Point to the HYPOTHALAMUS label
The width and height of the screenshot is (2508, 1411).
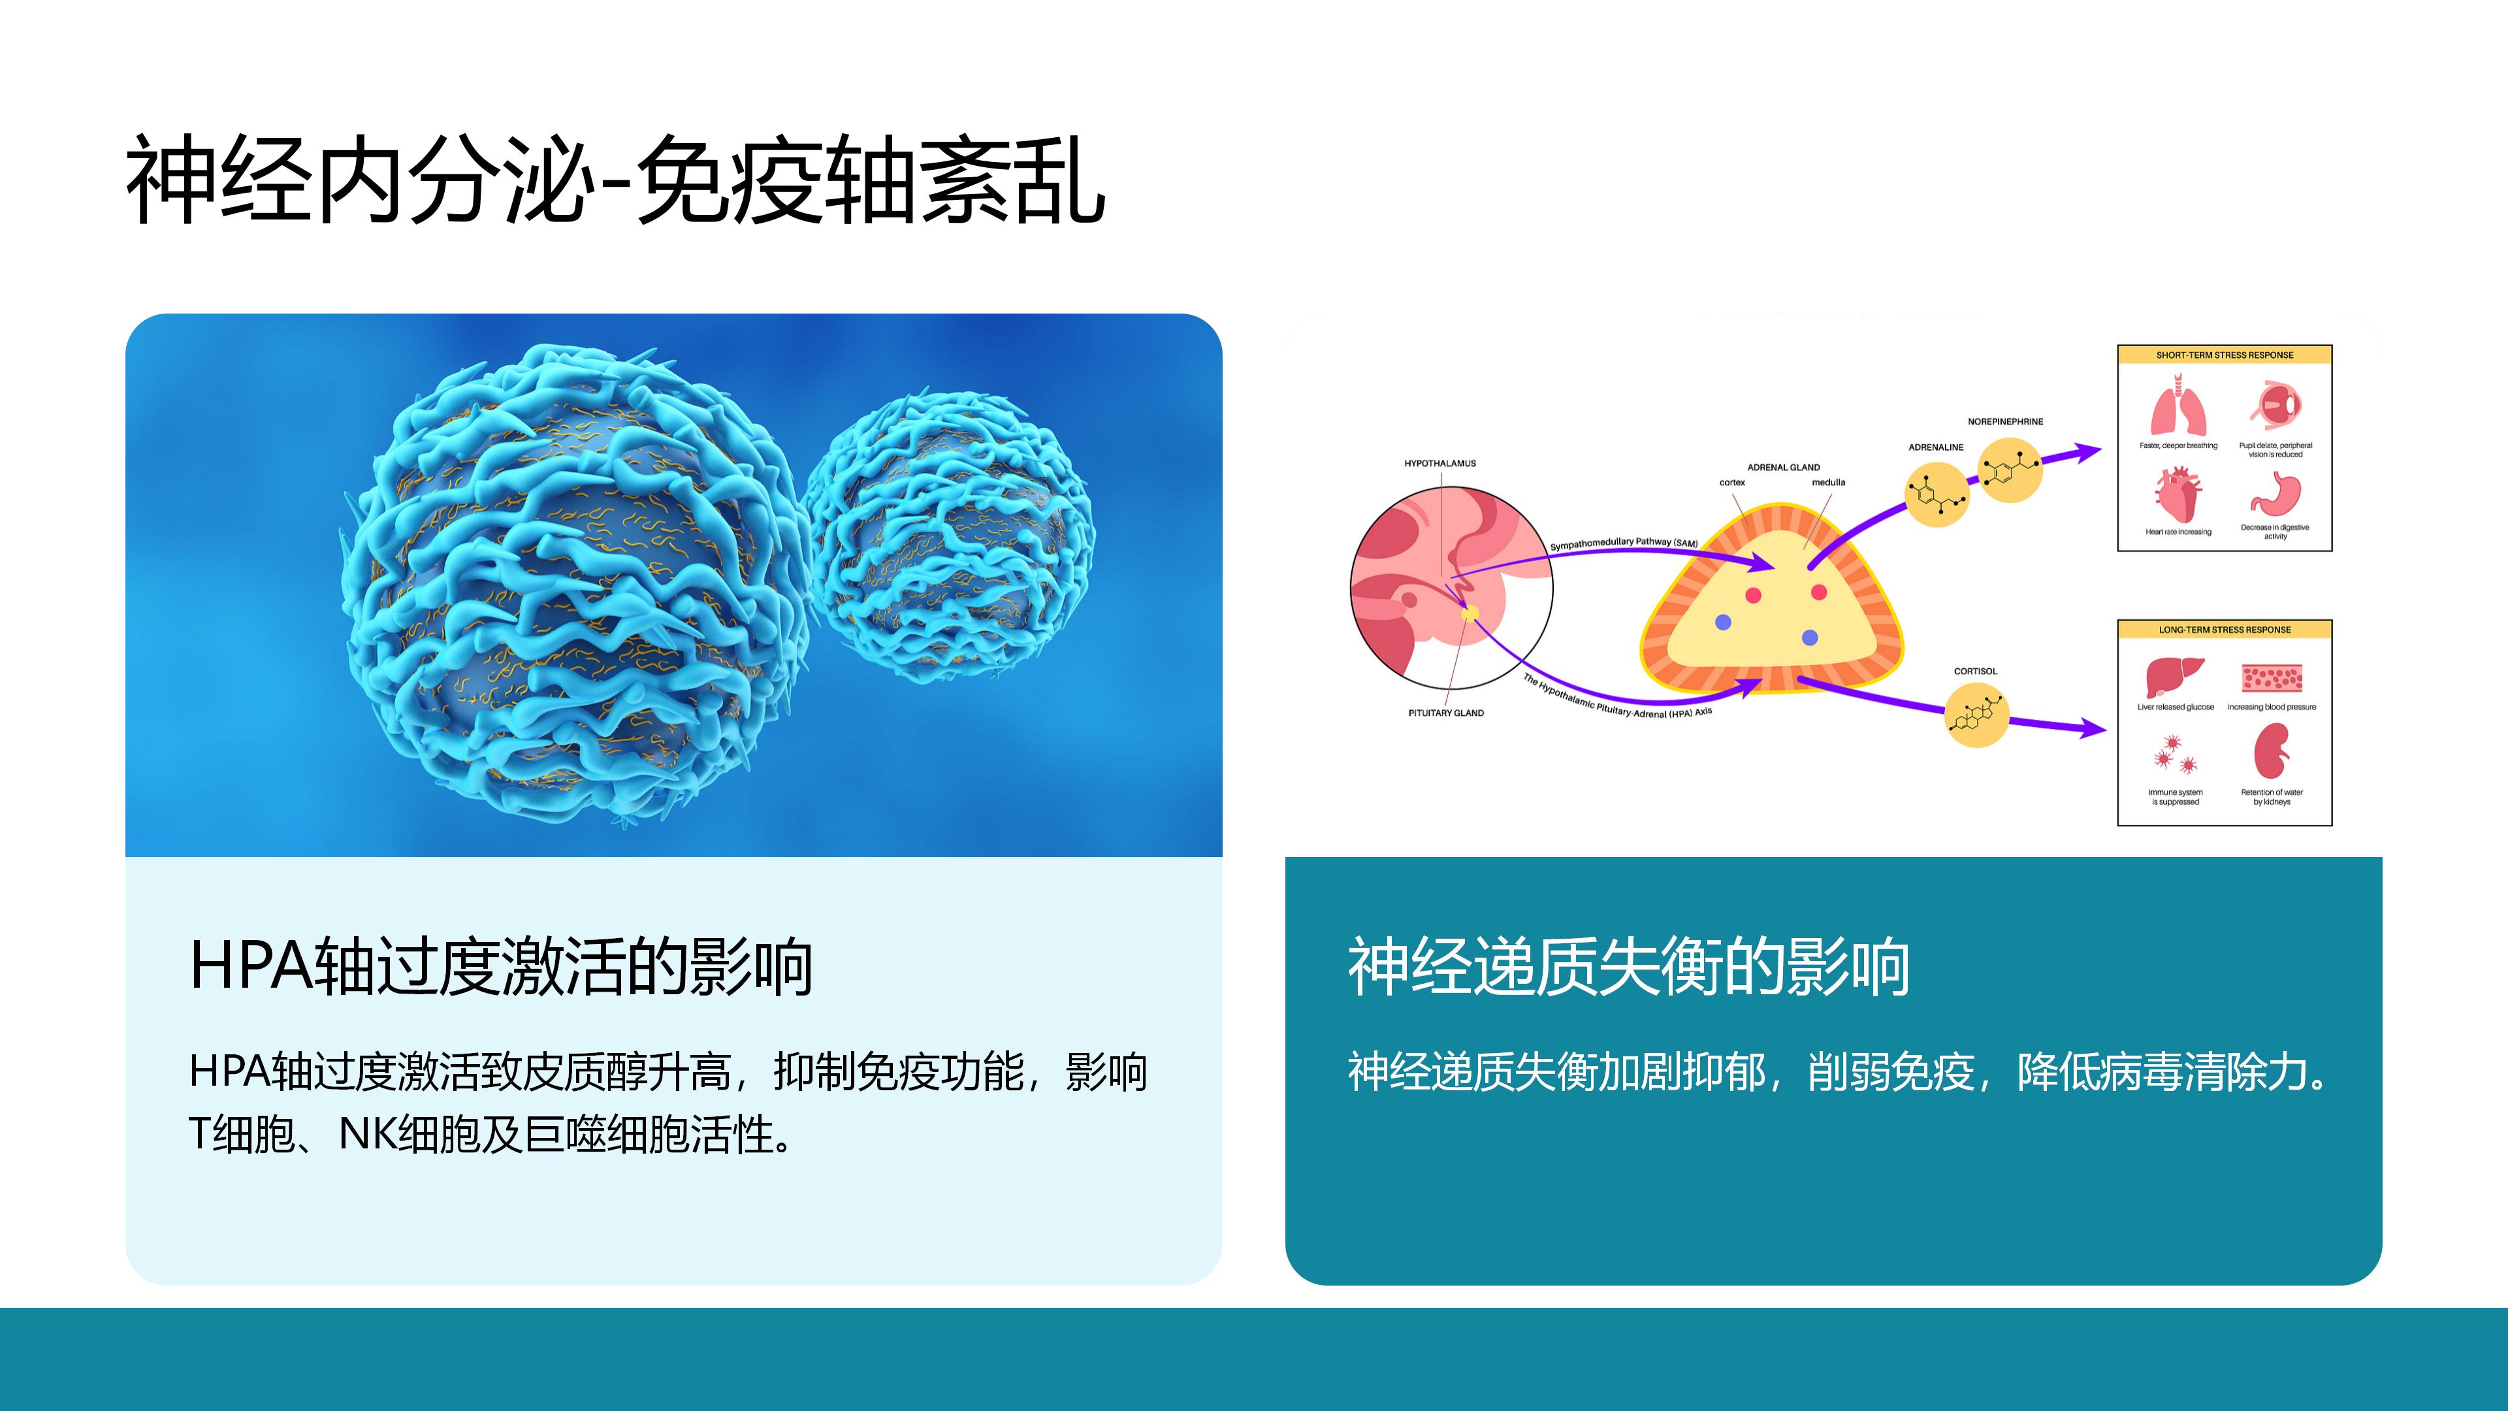[1440, 464]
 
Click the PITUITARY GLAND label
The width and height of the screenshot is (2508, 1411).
[1446, 713]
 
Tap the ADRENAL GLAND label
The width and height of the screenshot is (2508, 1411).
[1784, 468]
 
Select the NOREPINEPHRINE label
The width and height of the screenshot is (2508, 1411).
[2006, 421]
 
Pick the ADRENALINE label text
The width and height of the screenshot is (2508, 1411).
[1935, 447]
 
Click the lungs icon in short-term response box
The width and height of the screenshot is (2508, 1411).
[2178, 409]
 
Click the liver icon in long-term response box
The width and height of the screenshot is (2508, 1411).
[2174, 677]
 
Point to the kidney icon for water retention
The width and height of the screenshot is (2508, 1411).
[2272, 753]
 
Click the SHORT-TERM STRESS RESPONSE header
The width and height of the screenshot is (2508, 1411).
[2225, 355]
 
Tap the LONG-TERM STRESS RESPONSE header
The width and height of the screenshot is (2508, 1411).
[2225, 630]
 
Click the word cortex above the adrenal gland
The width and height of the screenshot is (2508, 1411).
[1732, 482]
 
